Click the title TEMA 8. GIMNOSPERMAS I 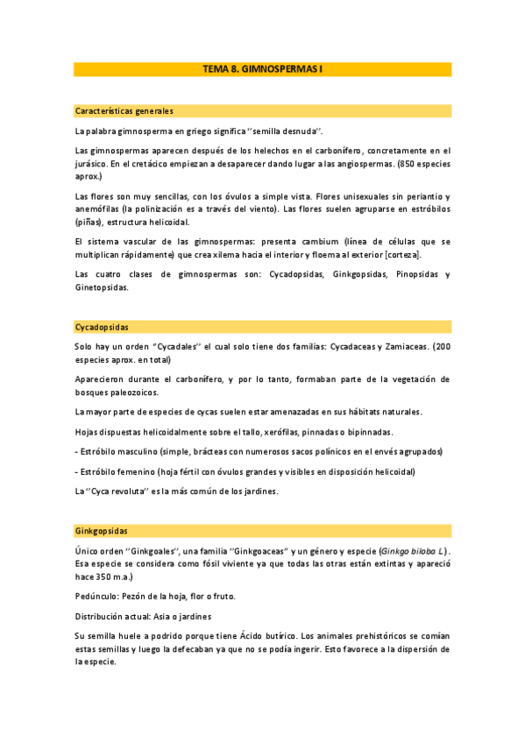click(x=262, y=68)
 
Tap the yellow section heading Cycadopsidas click(x=103, y=327)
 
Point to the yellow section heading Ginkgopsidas click(x=102, y=531)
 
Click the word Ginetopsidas click(x=102, y=287)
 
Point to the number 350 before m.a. click(x=97, y=577)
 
